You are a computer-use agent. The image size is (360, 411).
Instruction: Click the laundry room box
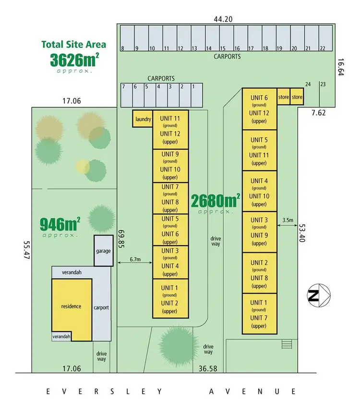tap(143, 119)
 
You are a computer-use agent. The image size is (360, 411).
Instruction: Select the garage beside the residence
tap(103, 250)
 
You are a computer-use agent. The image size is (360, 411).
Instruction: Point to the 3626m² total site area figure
tap(75, 59)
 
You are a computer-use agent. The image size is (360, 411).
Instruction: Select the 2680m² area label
tap(216, 200)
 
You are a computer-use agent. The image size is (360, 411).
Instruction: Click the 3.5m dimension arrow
tap(288, 225)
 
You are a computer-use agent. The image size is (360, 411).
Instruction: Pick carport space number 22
tap(325, 38)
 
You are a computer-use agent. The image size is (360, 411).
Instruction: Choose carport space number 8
tap(126, 38)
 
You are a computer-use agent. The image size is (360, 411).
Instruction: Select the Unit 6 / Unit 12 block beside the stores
tap(259, 109)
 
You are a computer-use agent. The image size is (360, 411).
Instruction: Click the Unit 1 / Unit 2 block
tap(170, 299)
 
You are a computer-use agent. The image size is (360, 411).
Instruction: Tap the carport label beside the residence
tap(101, 307)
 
